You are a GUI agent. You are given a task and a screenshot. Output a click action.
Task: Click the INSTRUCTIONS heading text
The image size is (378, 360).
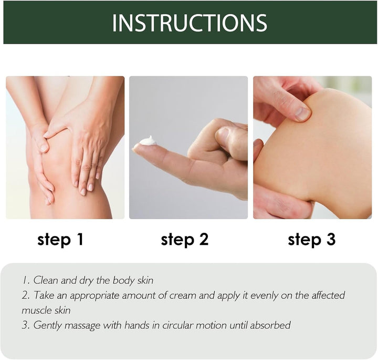point(190,23)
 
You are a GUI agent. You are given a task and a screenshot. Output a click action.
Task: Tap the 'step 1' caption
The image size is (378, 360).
point(60,240)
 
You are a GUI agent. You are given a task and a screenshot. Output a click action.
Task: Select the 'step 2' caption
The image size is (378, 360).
point(185,240)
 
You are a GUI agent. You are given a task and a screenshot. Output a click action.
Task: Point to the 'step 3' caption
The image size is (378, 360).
point(311,240)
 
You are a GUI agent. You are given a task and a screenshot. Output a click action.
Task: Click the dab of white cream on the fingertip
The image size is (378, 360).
point(148,140)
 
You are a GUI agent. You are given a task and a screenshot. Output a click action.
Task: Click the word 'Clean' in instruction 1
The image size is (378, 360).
point(46,280)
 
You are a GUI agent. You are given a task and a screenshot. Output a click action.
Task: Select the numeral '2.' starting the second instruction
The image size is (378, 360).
point(26,295)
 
